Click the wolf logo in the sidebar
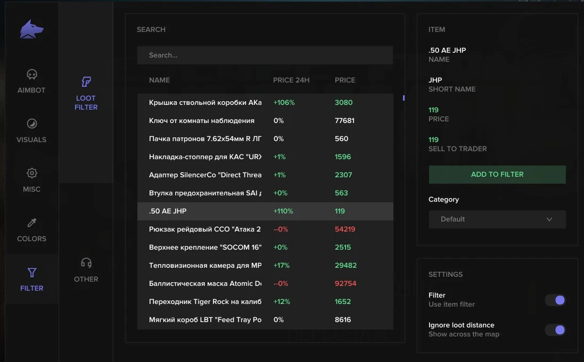tap(31, 29)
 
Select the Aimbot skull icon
tap(31, 75)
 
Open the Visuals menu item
tap(31, 130)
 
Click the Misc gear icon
tap(31, 173)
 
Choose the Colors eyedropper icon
tap(31, 223)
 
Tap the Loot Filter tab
tap(86, 94)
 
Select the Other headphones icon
tap(86, 263)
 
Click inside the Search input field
tap(265, 55)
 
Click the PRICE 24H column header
tap(291, 80)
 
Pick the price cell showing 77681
tap(344, 121)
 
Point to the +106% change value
tap(284, 102)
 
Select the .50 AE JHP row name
tap(168, 211)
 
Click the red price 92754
tap(346, 283)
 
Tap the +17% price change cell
tap(281, 266)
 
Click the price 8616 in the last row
tap(343, 320)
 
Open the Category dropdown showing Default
tap(497, 219)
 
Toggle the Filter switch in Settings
tap(555, 300)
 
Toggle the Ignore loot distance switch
tap(555, 330)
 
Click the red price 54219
tap(345, 229)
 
